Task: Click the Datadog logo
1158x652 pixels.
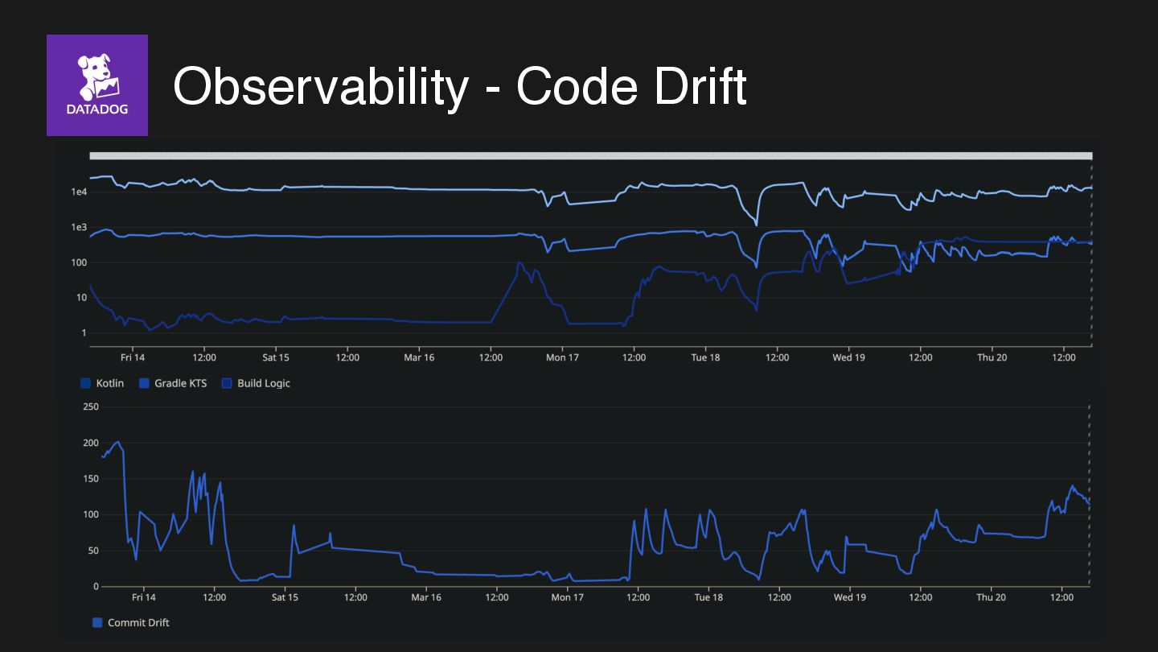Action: click(x=97, y=85)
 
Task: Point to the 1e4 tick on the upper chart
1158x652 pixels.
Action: click(x=79, y=192)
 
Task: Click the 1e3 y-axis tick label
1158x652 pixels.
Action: click(x=79, y=227)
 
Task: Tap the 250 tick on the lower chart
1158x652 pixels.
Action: click(x=91, y=407)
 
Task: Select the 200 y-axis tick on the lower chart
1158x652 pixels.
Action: click(x=91, y=444)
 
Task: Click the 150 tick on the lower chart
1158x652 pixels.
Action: click(x=91, y=479)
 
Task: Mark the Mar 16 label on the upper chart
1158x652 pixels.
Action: click(x=418, y=357)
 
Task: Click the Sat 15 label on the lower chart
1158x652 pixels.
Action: click(x=285, y=597)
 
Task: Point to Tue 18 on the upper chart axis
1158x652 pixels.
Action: click(x=705, y=357)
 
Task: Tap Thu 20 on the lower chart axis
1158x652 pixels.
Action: click(x=991, y=597)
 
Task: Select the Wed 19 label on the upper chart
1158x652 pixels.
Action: click(x=848, y=357)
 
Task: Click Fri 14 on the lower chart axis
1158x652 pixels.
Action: click(x=143, y=597)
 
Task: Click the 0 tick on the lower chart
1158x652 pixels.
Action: click(x=96, y=587)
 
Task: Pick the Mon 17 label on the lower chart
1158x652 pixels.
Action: click(x=567, y=597)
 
